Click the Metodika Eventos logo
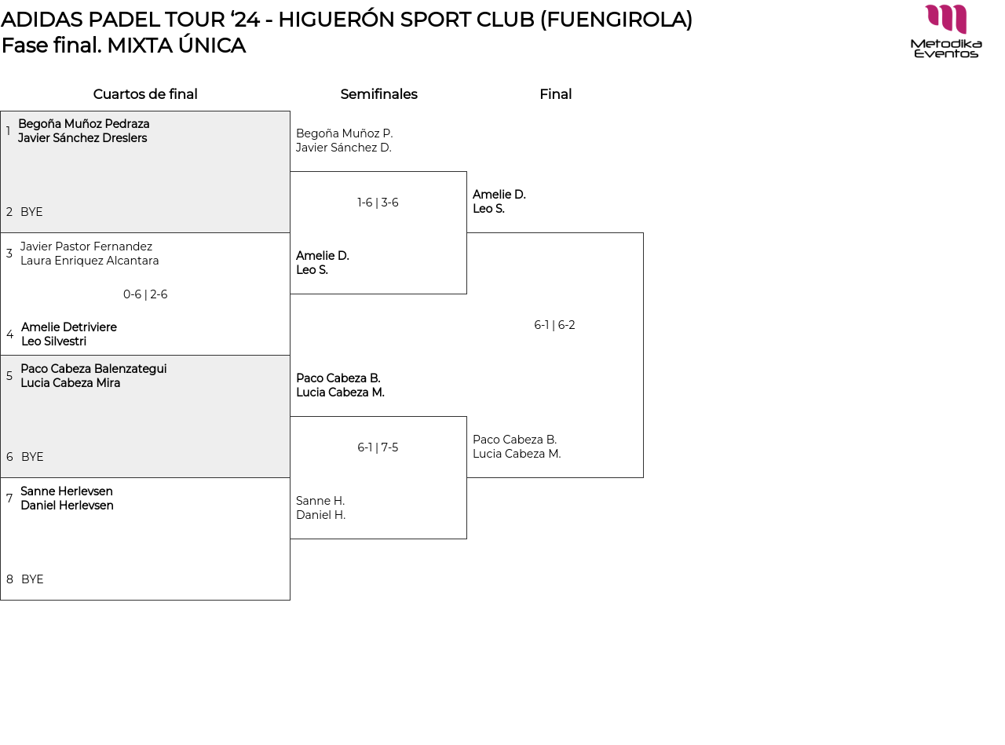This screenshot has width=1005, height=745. [x=945, y=31]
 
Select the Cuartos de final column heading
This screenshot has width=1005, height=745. [x=145, y=93]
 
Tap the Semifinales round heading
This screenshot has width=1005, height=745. [x=378, y=93]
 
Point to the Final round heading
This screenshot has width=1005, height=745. [x=556, y=93]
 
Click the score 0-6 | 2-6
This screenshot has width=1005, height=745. [x=145, y=294]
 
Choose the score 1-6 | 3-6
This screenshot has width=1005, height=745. [x=378, y=202]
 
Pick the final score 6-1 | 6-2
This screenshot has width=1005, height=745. [x=554, y=325]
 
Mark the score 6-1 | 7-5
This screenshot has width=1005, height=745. [x=378, y=447]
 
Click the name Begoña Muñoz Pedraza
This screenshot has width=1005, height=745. [x=84, y=124]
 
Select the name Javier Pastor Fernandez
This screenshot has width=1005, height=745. [x=86, y=246]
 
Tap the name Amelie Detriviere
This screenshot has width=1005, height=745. [x=69, y=327]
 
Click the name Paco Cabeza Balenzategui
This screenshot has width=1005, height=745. [x=93, y=369]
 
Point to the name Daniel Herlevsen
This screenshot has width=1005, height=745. [x=67, y=506]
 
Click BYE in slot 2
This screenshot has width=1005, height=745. [x=31, y=212]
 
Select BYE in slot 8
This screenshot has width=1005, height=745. [x=33, y=579]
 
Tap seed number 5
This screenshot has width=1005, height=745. [x=9, y=376]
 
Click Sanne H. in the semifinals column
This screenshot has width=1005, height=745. [x=320, y=501]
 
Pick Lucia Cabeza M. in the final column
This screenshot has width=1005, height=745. [x=517, y=454]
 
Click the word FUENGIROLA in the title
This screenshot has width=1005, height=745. [x=616, y=20]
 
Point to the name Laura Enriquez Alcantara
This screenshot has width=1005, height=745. [x=90, y=261]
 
